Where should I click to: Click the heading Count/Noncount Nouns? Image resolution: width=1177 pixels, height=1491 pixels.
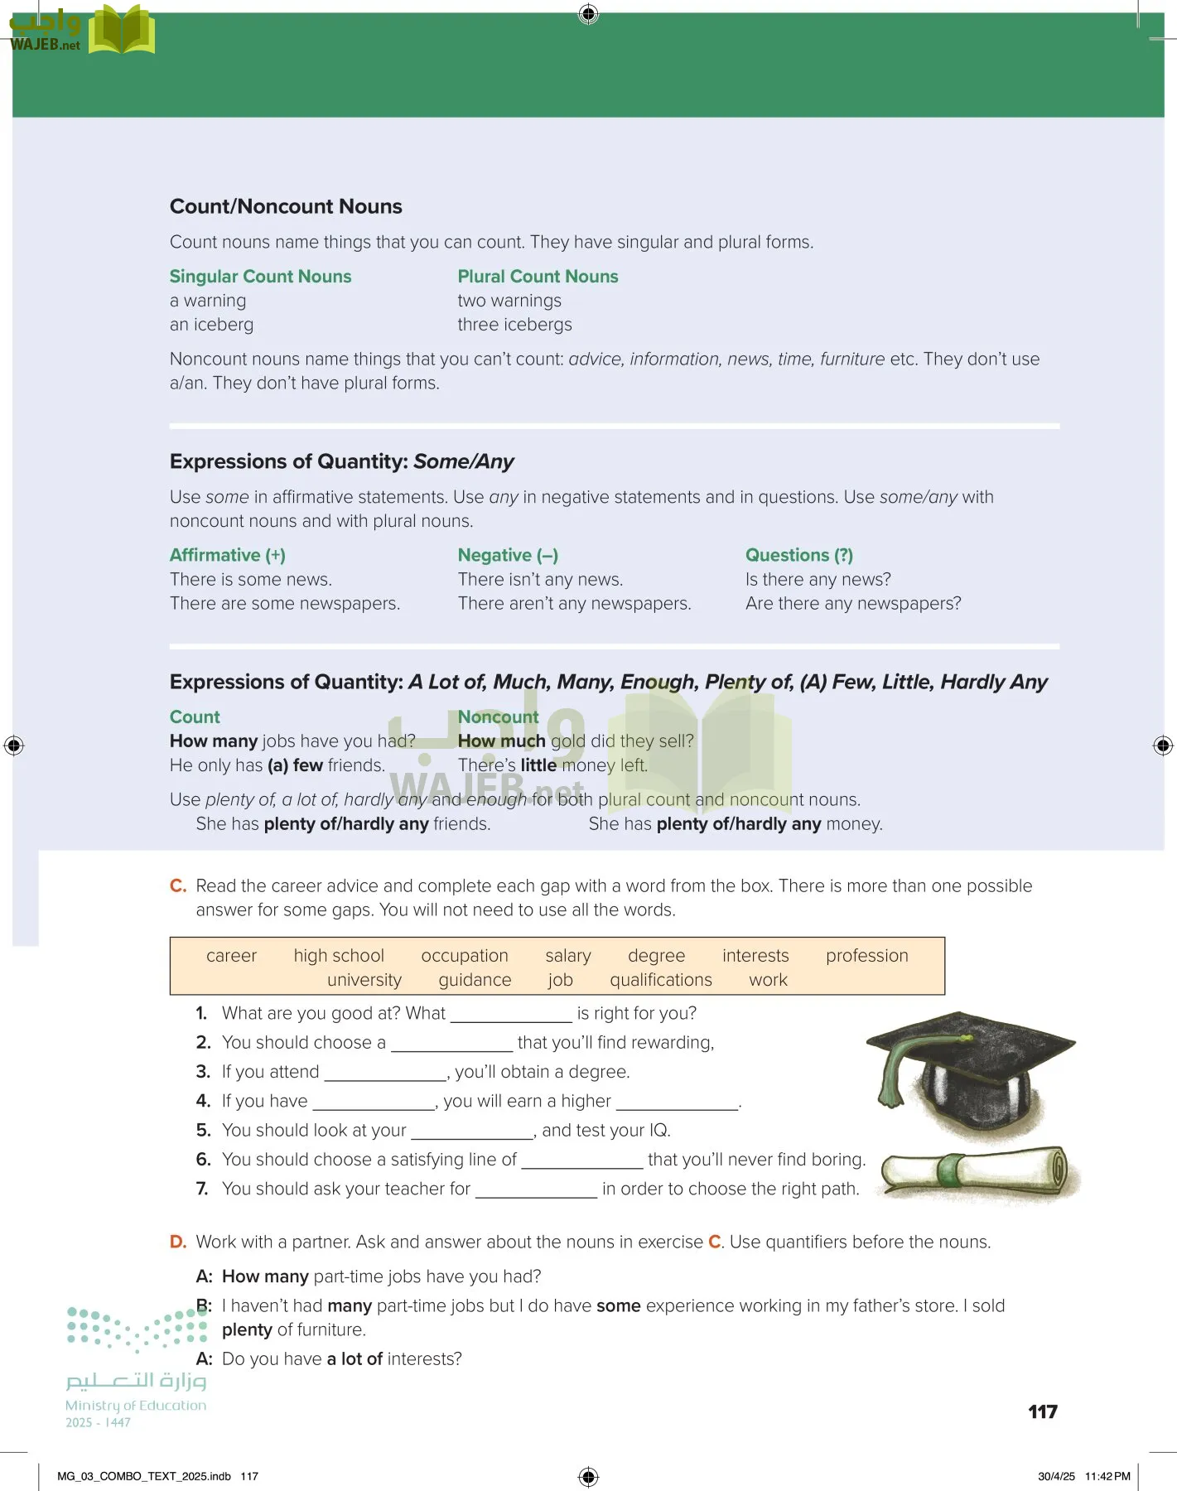point(286,206)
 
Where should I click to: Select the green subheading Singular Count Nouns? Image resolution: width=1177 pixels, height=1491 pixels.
point(260,277)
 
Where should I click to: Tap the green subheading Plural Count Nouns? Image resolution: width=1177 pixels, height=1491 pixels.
point(538,277)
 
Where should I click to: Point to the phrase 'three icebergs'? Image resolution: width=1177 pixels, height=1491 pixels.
point(514,325)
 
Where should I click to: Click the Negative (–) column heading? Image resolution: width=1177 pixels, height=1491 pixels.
point(508,555)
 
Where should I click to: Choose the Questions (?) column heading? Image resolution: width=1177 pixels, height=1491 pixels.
point(798,555)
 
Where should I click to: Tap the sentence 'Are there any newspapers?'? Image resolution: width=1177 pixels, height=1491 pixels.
point(853,604)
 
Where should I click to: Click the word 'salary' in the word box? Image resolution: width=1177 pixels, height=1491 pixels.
point(568,956)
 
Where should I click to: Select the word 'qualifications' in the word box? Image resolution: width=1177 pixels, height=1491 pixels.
point(661,980)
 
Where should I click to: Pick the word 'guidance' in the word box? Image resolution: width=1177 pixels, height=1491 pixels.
point(475,980)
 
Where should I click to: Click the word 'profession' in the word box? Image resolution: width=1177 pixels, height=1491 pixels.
point(866,956)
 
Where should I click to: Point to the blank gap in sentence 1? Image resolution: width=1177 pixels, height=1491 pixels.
point(511,1015)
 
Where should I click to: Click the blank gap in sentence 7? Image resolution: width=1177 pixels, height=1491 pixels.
point(536,1190)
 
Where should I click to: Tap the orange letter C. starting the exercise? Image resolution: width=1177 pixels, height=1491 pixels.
point(178,886)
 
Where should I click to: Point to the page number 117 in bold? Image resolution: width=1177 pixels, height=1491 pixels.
point(1042,1412)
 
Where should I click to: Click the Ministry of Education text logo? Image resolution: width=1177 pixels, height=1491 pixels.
point(136,1406)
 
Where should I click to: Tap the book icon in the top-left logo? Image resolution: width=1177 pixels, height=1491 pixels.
point(122,31)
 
